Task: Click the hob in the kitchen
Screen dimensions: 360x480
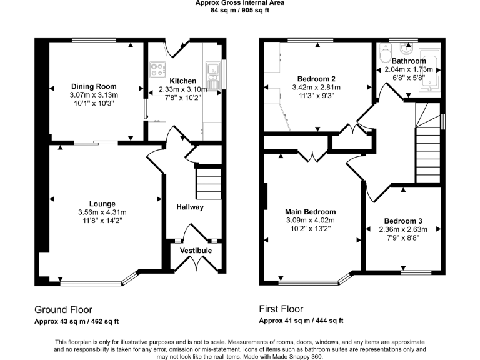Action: (157, 68)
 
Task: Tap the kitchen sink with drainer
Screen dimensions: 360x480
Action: (212, 73)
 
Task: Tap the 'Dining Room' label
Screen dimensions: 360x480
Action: (94, 86)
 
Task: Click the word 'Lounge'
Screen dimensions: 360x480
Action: (102, 203)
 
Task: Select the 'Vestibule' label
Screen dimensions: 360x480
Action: (196, 251)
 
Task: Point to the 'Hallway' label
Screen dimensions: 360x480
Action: (189, 207)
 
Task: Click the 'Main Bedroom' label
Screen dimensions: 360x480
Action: (311, 212)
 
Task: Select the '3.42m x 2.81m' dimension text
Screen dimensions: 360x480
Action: (316, 87)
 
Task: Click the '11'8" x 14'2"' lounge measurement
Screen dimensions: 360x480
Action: (102, 219)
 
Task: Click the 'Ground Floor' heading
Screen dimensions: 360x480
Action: (63, 309)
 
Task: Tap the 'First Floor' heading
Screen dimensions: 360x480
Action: (281, 309)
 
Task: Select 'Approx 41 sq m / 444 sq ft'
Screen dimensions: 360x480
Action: (301, 321)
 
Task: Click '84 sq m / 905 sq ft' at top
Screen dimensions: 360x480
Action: (240, 11)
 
